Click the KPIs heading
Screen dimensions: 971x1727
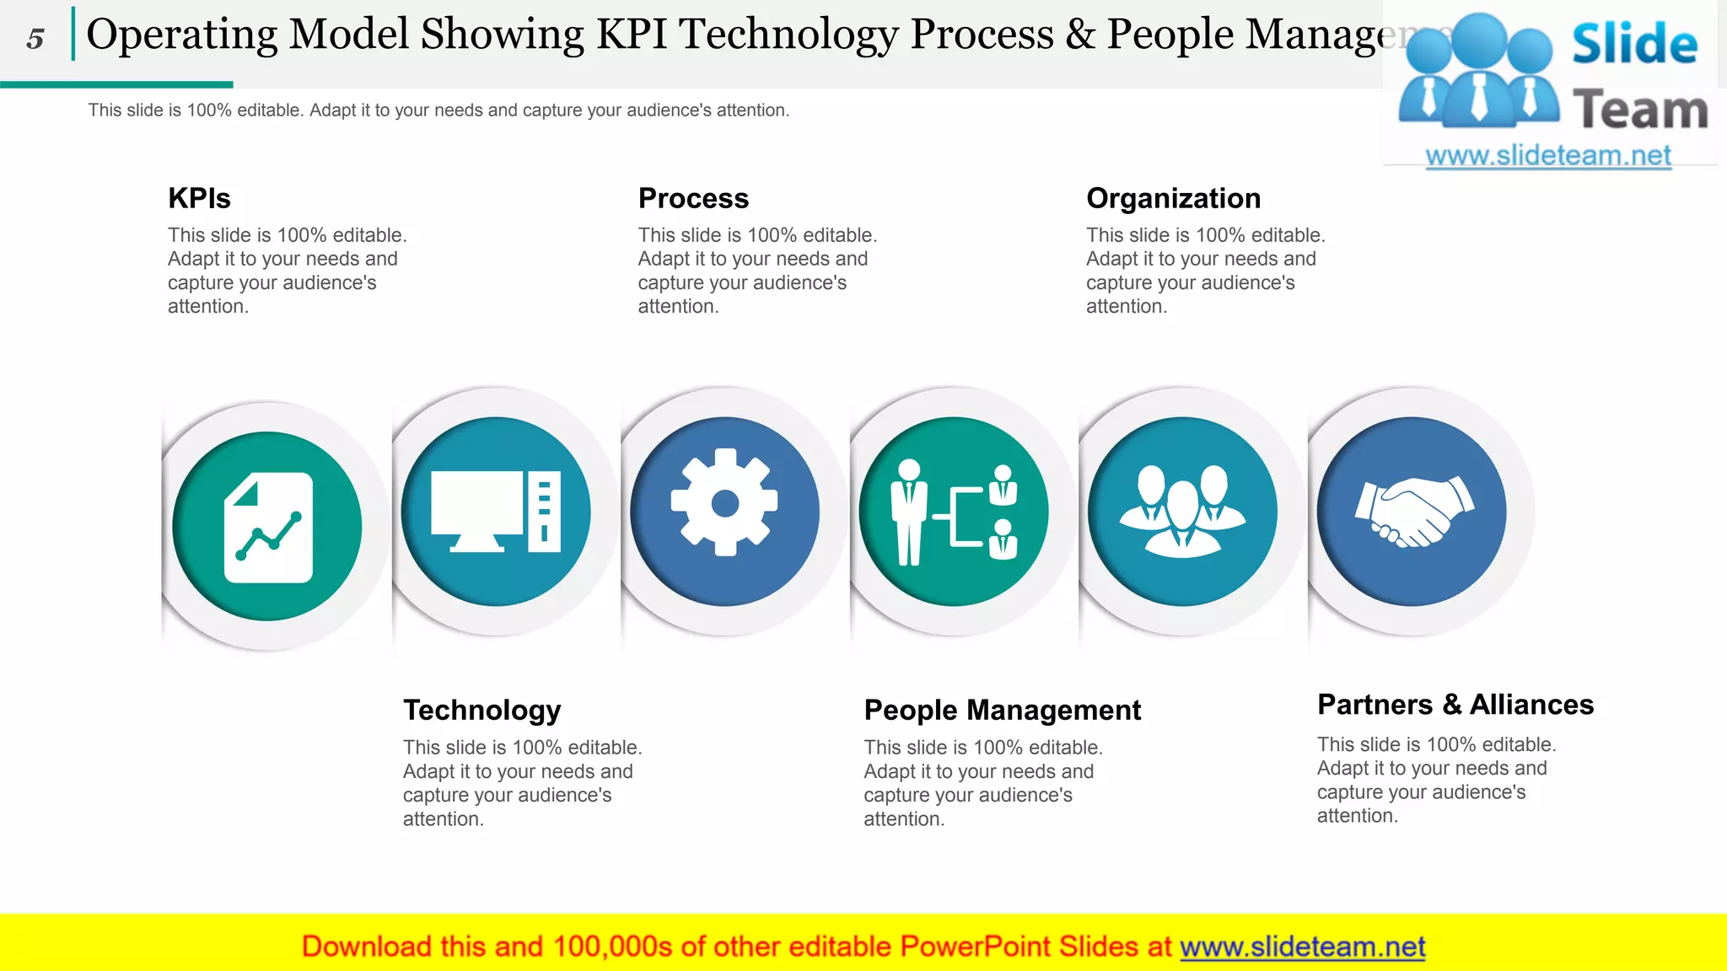coord(199,198)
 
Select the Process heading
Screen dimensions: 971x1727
coord(693,198)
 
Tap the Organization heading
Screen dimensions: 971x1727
coord(1173,198)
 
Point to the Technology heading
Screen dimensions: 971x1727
coord(482,710)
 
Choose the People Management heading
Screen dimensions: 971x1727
coord(1002,710)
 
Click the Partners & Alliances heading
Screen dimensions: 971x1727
coord(1455,704)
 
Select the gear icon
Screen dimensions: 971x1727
coord(724,502)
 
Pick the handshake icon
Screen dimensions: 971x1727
coord(1413,511)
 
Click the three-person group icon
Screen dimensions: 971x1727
coord(1182,511)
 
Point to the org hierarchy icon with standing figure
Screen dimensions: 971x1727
coord(954,512)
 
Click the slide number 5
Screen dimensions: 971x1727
coord(35,39)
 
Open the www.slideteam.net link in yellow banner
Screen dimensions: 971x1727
coord(1302,947)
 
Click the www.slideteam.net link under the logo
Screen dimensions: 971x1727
coord(1547,155)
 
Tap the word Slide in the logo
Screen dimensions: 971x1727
coord(1634,44)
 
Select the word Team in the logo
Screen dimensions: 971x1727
coord(1640,110)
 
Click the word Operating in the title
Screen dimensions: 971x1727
coord(182,35)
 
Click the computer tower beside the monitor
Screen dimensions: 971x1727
coord(544,511)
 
